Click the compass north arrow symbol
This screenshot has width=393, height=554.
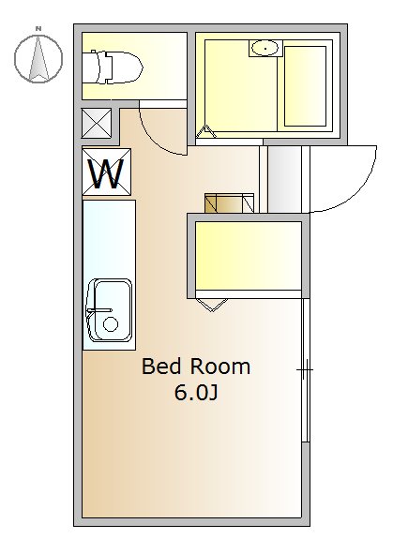pyautogui.click(x=38, y=58)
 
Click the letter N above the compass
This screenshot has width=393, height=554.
pyautogui.click(x=38, y=28)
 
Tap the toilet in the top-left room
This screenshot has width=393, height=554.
pyautogui.click(x=113, y=67)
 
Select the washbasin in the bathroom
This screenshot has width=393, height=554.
pyautogui.click(x=265, y=48)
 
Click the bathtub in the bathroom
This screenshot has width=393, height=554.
pyautogui.click(x=306, y=86)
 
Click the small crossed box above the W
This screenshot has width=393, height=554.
pyautogui.click(x=97, y=123)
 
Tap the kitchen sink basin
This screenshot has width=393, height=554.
pyautogui.click(x=110, y=310)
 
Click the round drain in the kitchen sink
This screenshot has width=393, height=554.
pyautogui.click(x=111, y=323)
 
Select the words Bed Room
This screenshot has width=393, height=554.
pyautogui.click(x=196, y=367)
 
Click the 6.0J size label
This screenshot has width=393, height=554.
pyautogui.click(x=195, y=392)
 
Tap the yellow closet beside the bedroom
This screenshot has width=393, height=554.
pyautogui.click(x=249, y=256)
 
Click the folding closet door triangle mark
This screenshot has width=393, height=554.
pyautogui.click(x=211, y=305)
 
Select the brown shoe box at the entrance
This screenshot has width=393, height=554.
pyautogui.click(x=229, y=203)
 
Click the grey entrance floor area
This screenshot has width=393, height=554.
pyautogui.click(x=284, y=179)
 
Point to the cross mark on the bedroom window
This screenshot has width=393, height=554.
pyautogui.click(x=305, y=370)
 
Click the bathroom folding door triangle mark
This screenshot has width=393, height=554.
pyautogui.click(x=206, y=132)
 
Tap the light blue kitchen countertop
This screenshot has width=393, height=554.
pyautogui.click(x=109, y=275)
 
